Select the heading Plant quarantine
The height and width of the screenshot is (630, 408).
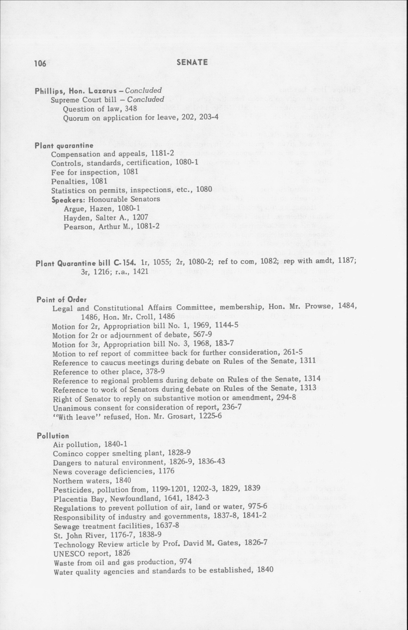[64, 146]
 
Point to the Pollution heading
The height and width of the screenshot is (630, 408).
[53, 436]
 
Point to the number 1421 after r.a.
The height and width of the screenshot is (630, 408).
[141, 272]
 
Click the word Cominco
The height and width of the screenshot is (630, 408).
[66, 454]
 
